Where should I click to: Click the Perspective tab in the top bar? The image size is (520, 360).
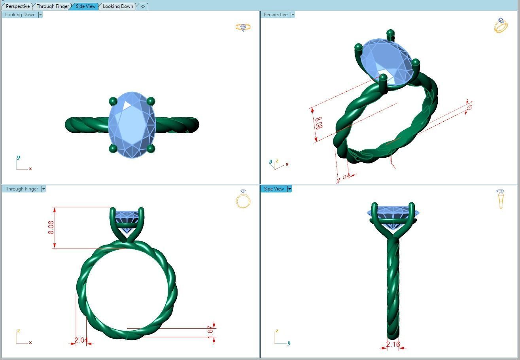coord(18,6)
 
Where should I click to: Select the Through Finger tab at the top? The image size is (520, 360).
coord(53,6)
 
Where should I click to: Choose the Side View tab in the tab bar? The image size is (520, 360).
coord(85,6)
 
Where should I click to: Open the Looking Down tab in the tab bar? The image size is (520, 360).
coord(118,6)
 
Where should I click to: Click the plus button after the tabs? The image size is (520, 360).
coord(143,6)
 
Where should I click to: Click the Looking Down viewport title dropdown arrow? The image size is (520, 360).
coord(40,15)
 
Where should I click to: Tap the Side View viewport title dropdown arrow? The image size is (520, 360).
coord(289,189)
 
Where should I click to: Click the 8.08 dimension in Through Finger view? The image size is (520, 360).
coord(51,227)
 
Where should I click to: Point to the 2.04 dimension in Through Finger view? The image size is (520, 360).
coord(81,340)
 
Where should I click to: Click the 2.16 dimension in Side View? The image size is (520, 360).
coord(393,344)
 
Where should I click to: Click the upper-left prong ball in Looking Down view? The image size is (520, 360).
coord(113,101)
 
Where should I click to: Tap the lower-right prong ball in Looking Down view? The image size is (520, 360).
coord(151,149)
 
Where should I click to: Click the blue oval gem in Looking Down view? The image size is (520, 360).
coord(132,124)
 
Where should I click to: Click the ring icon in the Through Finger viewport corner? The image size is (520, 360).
coord(243,199)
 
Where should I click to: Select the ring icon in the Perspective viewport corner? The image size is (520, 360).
coord(501,25)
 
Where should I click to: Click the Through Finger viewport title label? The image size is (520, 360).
coord(22,189)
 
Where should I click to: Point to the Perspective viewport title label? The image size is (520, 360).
coord(276,15)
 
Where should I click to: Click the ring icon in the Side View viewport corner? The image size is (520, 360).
coord(501,199)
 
